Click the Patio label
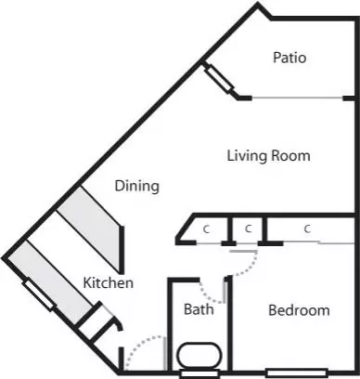(289, 58)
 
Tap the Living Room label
(268, 155)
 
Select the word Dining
(136, 186)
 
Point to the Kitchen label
(109, 282)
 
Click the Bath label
(199, 309)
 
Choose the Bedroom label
(298, 310)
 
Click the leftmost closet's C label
(204, 228)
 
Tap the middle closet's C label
(248, 228)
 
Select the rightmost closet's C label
(306, 228)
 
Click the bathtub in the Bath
(198, 357)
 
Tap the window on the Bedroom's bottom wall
(287, 373)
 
